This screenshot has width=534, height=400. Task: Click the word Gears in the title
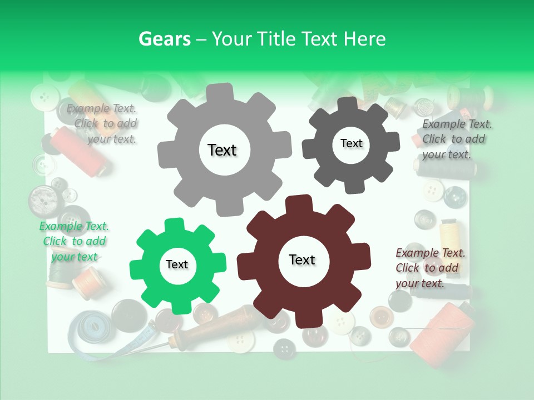coord(165,39)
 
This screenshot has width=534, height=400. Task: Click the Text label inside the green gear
coord(177,265)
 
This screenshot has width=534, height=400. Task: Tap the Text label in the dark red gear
coord(302,260)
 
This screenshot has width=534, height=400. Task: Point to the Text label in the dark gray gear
coord(351,143)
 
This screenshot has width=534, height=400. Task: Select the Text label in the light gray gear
coord(222,150)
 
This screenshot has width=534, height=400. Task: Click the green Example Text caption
coord(74,242)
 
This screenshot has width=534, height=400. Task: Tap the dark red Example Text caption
coord(429,268)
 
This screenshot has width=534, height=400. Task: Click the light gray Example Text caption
coord(103,124)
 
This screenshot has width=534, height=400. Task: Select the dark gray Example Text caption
coord(456,139)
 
